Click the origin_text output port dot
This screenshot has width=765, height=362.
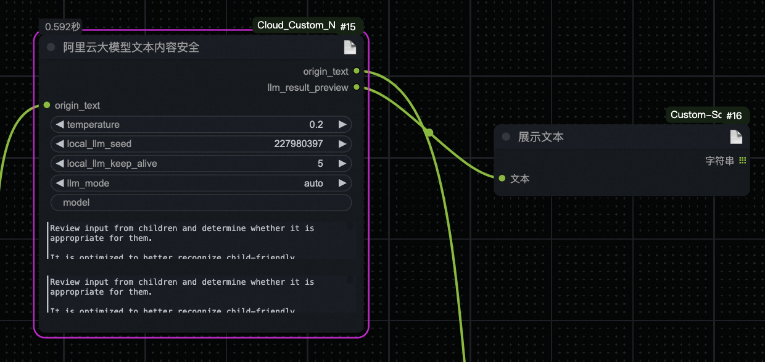click(357, 72)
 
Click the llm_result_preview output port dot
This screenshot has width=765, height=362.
click(357, 88)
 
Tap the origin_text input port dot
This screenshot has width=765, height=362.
click(47, 105)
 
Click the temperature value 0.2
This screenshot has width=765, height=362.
click(316, 125)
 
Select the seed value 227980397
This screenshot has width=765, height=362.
click(299, 144)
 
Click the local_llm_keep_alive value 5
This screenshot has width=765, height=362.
click(320, 164)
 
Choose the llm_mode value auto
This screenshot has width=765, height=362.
click(313, 183)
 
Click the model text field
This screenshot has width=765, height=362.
click(201, 203)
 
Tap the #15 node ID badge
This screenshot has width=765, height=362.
click(348, 27)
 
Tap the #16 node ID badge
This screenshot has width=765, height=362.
click(734, 116)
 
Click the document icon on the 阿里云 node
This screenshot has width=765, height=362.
click(350, 48)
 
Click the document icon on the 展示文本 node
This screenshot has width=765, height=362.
click(735, 137)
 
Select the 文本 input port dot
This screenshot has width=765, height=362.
click(503, 179)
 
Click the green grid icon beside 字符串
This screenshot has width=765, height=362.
click(742, 161)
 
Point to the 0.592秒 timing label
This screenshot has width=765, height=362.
click(63, 27)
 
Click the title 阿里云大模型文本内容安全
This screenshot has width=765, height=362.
click(131, 48)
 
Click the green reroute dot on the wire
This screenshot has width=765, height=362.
click(428, 132)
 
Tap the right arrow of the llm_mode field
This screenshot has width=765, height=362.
click(342, 183)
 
